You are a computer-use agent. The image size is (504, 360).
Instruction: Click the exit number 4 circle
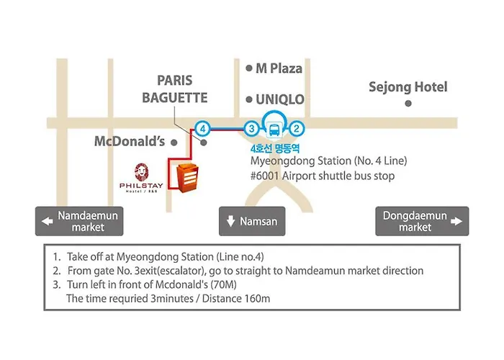[x=202, y=129]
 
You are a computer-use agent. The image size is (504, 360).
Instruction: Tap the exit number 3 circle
[x=252, y=129]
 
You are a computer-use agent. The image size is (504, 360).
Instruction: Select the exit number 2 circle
[x=297, y=129]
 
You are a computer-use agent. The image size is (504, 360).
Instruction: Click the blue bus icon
[x=274, y=130]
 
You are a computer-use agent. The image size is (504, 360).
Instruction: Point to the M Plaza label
[x=279, y=68]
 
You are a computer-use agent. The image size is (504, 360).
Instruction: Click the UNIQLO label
[x=279, y=99]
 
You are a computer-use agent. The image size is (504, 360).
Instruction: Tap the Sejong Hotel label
[x=408, y=87]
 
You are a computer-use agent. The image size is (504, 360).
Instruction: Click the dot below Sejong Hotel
[x=408, y=104]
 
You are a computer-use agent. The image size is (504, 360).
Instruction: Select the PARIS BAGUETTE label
[x=175, y=89]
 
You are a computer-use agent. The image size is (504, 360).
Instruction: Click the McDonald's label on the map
[x=130, y=141]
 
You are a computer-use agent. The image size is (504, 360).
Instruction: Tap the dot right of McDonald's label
[x=174, y=143]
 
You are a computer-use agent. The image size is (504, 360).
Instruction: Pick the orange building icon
[x=187, y=178]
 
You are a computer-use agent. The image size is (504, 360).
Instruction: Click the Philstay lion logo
[x=141, y=172]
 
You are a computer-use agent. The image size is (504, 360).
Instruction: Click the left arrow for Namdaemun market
[x=48, y=221]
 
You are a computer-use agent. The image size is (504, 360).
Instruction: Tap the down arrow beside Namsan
[x=231, y=221]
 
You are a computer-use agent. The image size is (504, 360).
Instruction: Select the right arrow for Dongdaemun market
[x=456, y=221]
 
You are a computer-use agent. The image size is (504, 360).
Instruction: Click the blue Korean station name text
[x=275, y=148]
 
